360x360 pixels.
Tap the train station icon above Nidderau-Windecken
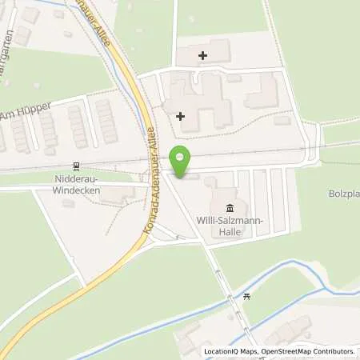click(76, 166)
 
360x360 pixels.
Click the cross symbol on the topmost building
click(202, 55)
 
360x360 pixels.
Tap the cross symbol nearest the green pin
click(180, 116)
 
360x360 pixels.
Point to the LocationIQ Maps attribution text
click(233, 351)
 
